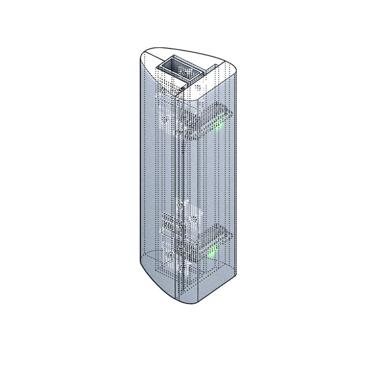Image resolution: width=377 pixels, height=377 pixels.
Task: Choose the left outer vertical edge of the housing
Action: click(x=139, y=168)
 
